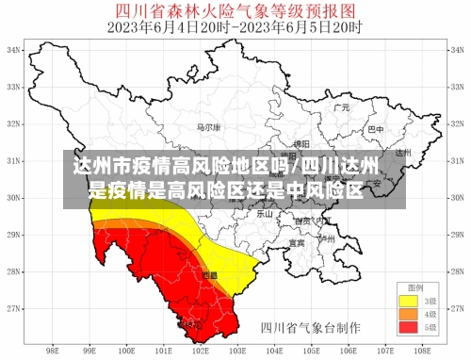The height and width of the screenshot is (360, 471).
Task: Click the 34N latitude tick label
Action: coord(15,50)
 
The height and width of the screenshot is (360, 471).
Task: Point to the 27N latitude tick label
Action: coord(15,308)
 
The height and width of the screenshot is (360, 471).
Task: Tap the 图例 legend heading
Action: coord(415,286)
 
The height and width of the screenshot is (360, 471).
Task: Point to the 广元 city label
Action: coord(341,108)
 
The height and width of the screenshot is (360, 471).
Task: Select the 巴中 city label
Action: coord(375,128)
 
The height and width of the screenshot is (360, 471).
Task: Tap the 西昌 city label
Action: coord(209,275)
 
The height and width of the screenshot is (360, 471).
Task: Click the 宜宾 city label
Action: coord(297,242)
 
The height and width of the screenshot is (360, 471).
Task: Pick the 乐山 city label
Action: coord(266,214)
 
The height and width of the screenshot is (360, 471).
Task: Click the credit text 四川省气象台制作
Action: coord(310,329)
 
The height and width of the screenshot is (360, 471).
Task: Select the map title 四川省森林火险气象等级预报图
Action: coord(235,11)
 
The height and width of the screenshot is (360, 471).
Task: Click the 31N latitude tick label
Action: coord(15,160)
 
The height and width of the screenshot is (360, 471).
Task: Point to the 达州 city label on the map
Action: coord(403,152)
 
